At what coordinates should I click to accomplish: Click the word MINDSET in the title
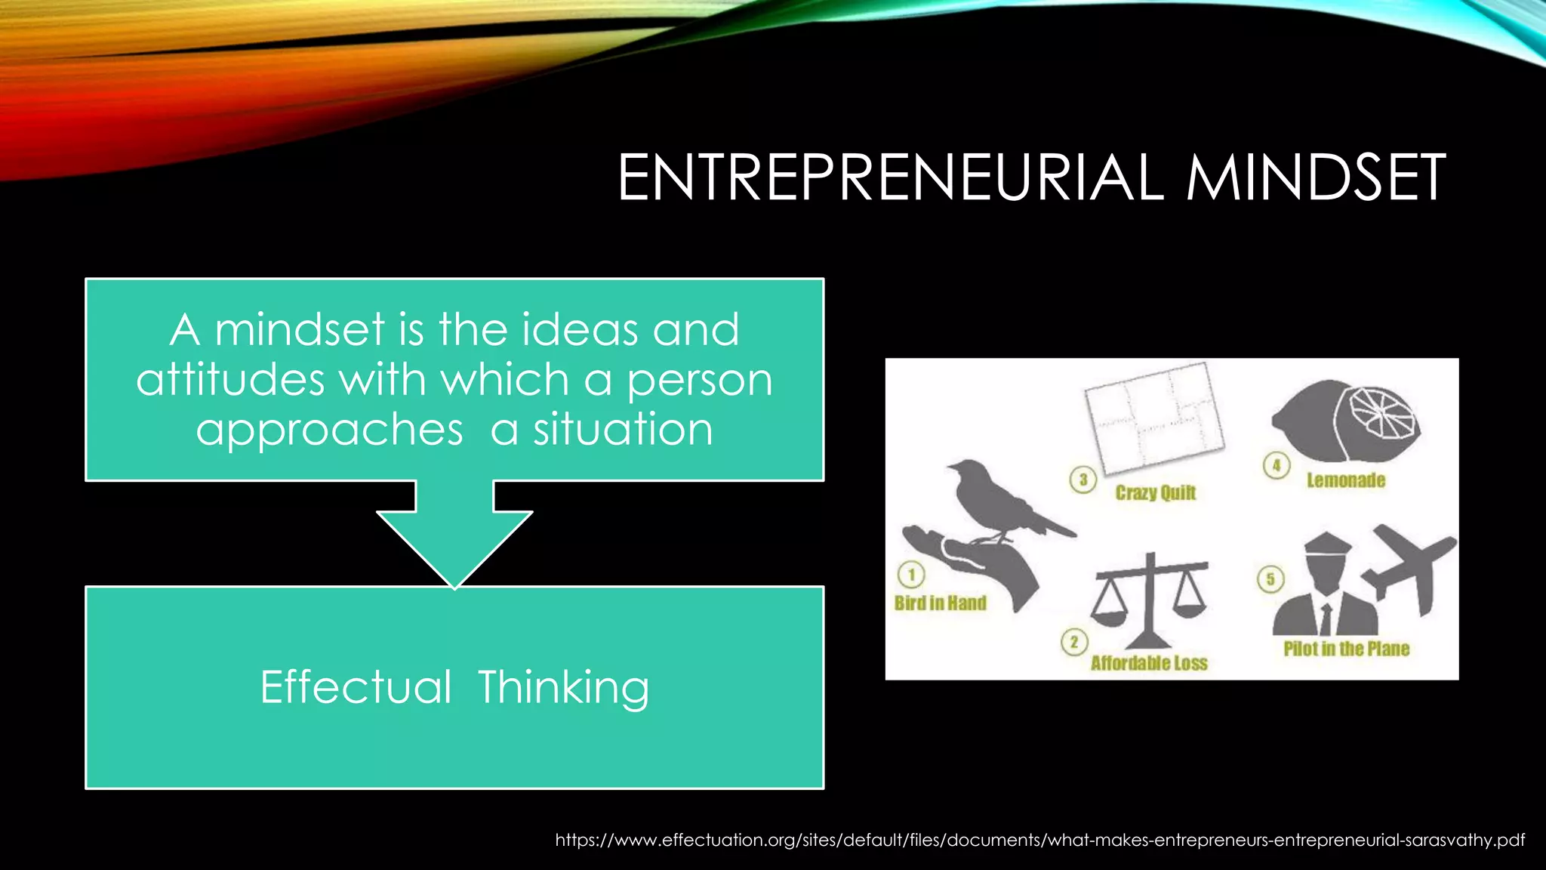tap(1315, 177)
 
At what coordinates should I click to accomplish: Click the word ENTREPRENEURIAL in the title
tap(891, 177)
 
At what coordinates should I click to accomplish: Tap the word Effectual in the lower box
tap(356, 687)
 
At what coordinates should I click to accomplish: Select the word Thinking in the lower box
tap(563, 687)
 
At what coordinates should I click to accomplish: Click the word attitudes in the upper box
tap(230, 379)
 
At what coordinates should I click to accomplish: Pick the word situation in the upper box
tap(623, 429)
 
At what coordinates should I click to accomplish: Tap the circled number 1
tap(911, 575)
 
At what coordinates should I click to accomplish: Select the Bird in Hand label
tap(941, 603)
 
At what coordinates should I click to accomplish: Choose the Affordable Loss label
tap(1149, 663)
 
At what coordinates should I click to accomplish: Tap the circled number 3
tap(1083, 480)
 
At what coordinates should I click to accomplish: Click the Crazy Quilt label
tap(1156, 493)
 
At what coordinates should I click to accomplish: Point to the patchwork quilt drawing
tap(1153, 416)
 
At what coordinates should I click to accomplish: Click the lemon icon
tap(1345, 421)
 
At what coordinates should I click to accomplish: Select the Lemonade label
tap(1346, 480)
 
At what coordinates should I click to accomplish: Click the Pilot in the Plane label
tap(1347, 649)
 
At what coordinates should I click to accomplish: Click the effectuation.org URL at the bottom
tap(1039, 840)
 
